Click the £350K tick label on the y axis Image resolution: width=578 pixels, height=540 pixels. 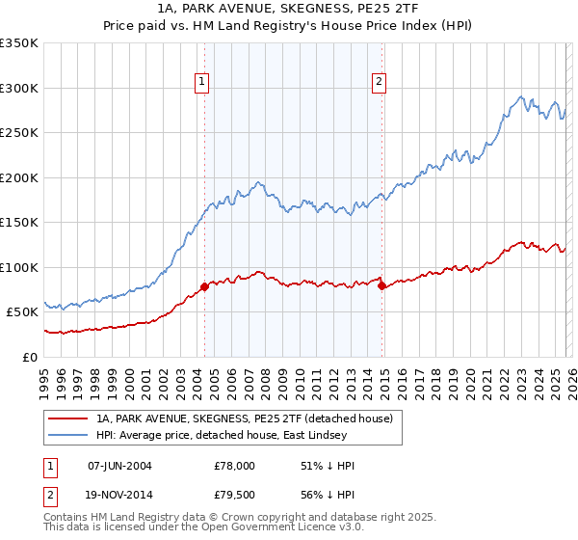19,43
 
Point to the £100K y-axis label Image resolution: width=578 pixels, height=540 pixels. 19,267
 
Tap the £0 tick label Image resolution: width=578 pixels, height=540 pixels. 30,357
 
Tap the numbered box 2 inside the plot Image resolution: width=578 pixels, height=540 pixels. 380,83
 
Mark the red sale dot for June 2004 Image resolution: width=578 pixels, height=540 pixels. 205,287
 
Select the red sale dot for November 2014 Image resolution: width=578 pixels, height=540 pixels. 382,286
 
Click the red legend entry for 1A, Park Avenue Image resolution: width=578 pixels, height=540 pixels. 244,419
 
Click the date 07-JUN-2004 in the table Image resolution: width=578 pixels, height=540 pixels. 119,466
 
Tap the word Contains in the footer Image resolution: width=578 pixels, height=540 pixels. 66,519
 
